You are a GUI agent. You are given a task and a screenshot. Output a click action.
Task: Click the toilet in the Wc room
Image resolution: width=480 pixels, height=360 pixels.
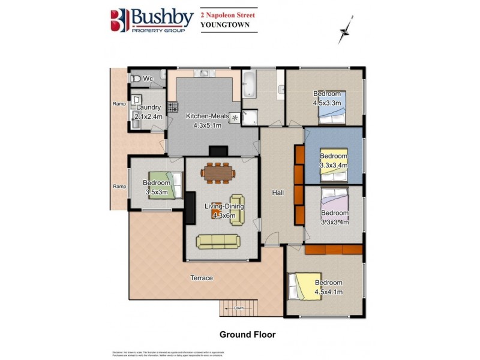(x=136, y=79)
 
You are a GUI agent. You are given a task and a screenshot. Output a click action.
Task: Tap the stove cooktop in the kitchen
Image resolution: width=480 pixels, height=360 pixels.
(x=173, y=107)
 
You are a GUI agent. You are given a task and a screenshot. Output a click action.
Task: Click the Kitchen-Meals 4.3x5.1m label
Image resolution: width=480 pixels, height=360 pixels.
(x=203, y=121)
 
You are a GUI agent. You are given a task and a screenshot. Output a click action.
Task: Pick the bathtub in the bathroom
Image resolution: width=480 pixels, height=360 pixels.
(x=249, y=85)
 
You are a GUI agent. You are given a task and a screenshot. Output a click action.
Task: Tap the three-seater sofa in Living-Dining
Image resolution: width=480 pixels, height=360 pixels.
(x=218, y=241)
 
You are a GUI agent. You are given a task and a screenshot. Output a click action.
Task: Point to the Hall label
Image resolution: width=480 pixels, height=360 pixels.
(x=277, y=193)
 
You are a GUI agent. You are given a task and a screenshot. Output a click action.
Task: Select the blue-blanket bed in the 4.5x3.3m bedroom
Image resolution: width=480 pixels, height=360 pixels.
(x=332, y=110)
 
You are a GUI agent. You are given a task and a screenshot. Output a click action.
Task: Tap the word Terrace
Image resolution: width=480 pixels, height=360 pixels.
(x=202, y=278)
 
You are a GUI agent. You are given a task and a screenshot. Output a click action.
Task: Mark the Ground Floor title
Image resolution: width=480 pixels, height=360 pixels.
(x=247, y=334)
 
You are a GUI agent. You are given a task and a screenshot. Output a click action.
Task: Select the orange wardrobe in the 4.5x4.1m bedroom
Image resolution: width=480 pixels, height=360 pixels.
(x=333, y=249)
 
